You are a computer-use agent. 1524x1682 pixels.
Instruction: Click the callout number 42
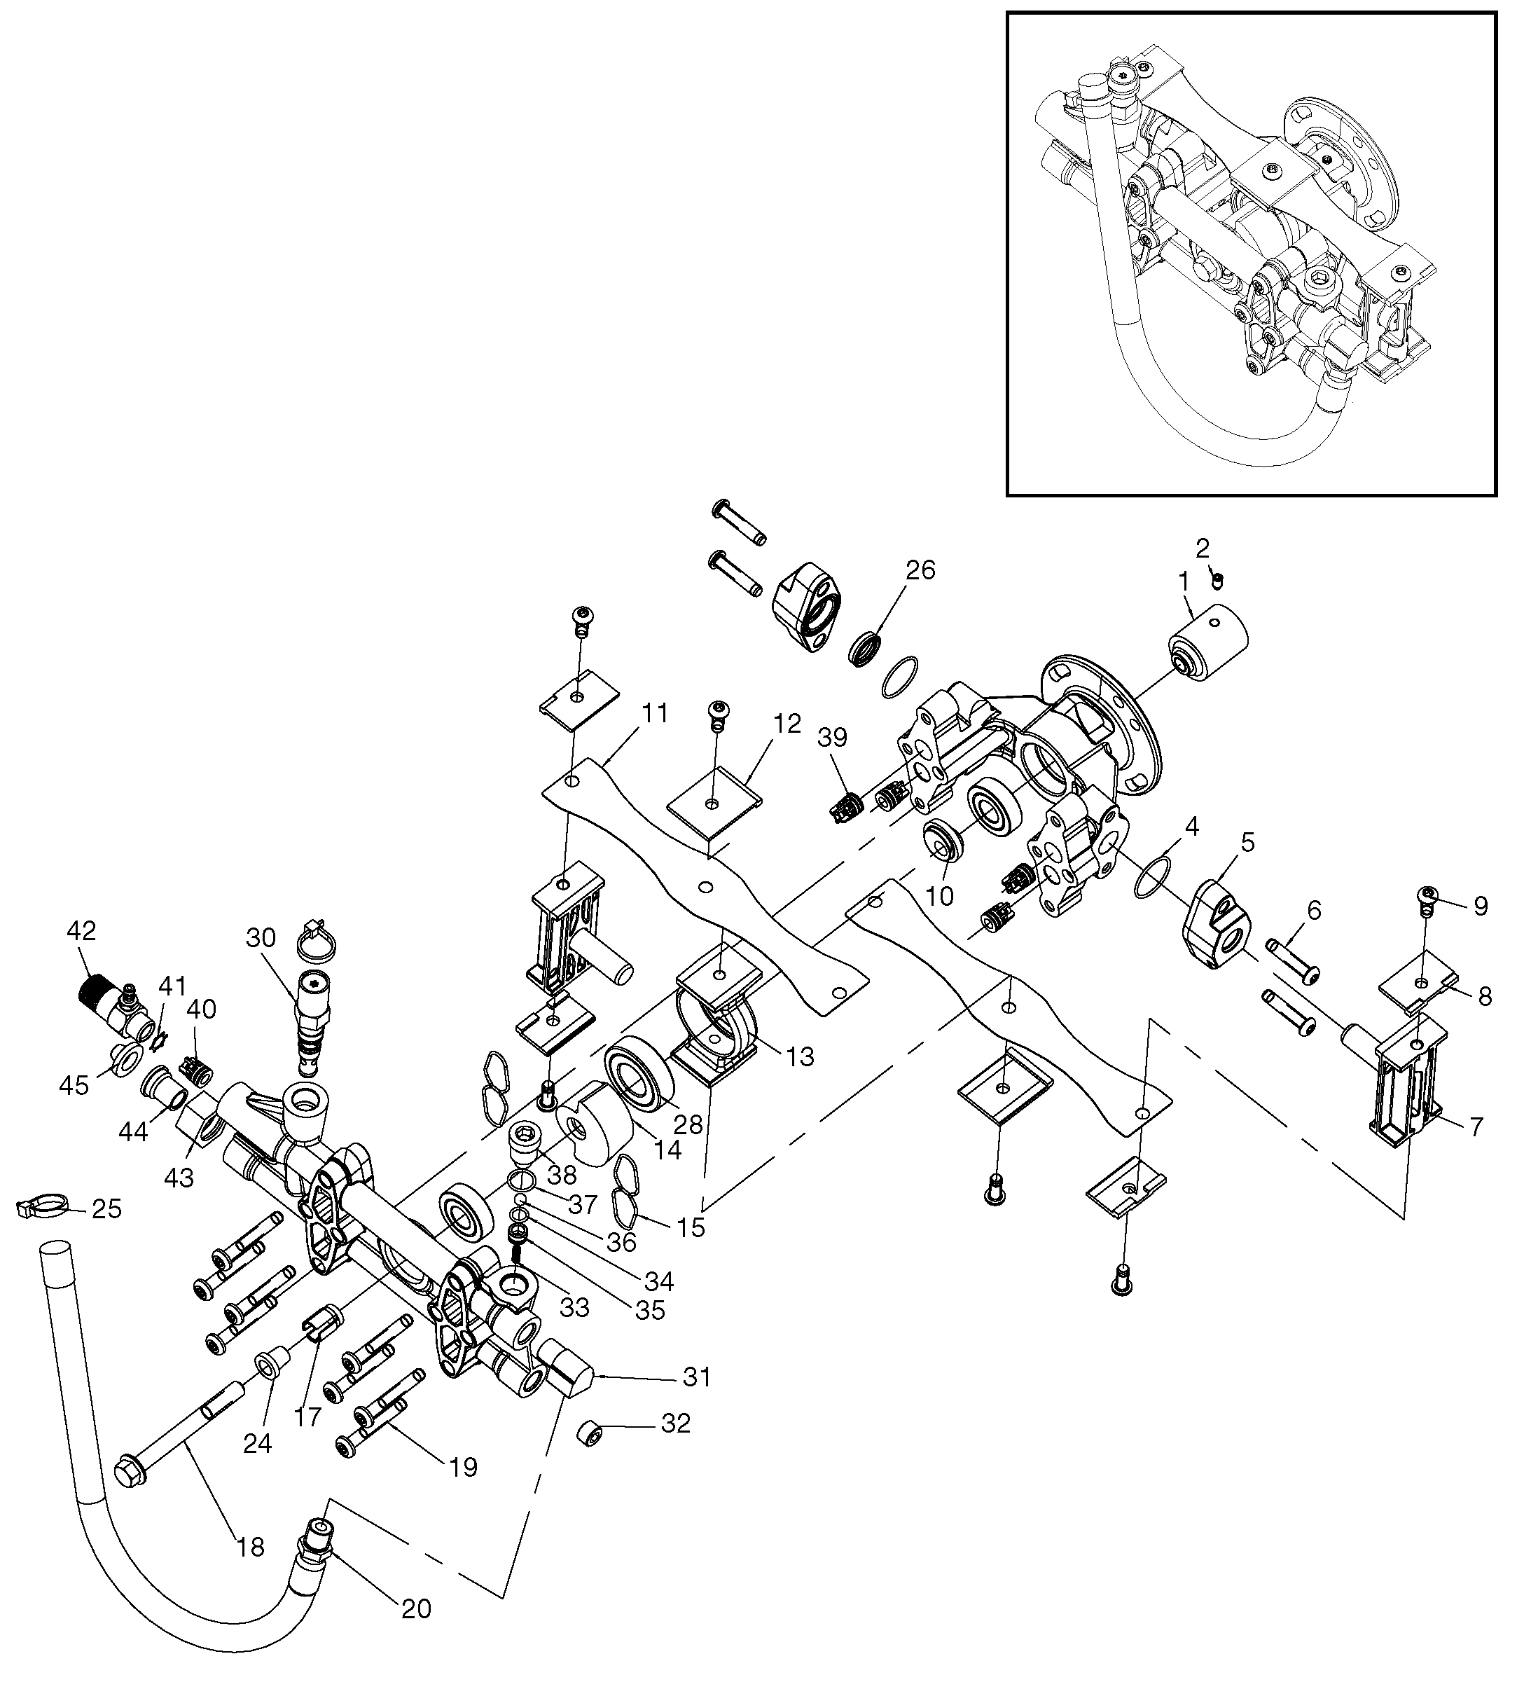click(83, 931)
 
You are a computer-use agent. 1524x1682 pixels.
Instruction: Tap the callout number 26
click(920, 571)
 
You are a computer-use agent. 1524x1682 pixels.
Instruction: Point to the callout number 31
click(697, 1377)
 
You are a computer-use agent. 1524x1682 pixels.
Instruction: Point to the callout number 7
click(1476, 1128)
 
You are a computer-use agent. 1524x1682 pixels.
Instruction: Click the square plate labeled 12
click(716, 803)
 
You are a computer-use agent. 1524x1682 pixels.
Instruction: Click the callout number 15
click(691, 1227)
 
